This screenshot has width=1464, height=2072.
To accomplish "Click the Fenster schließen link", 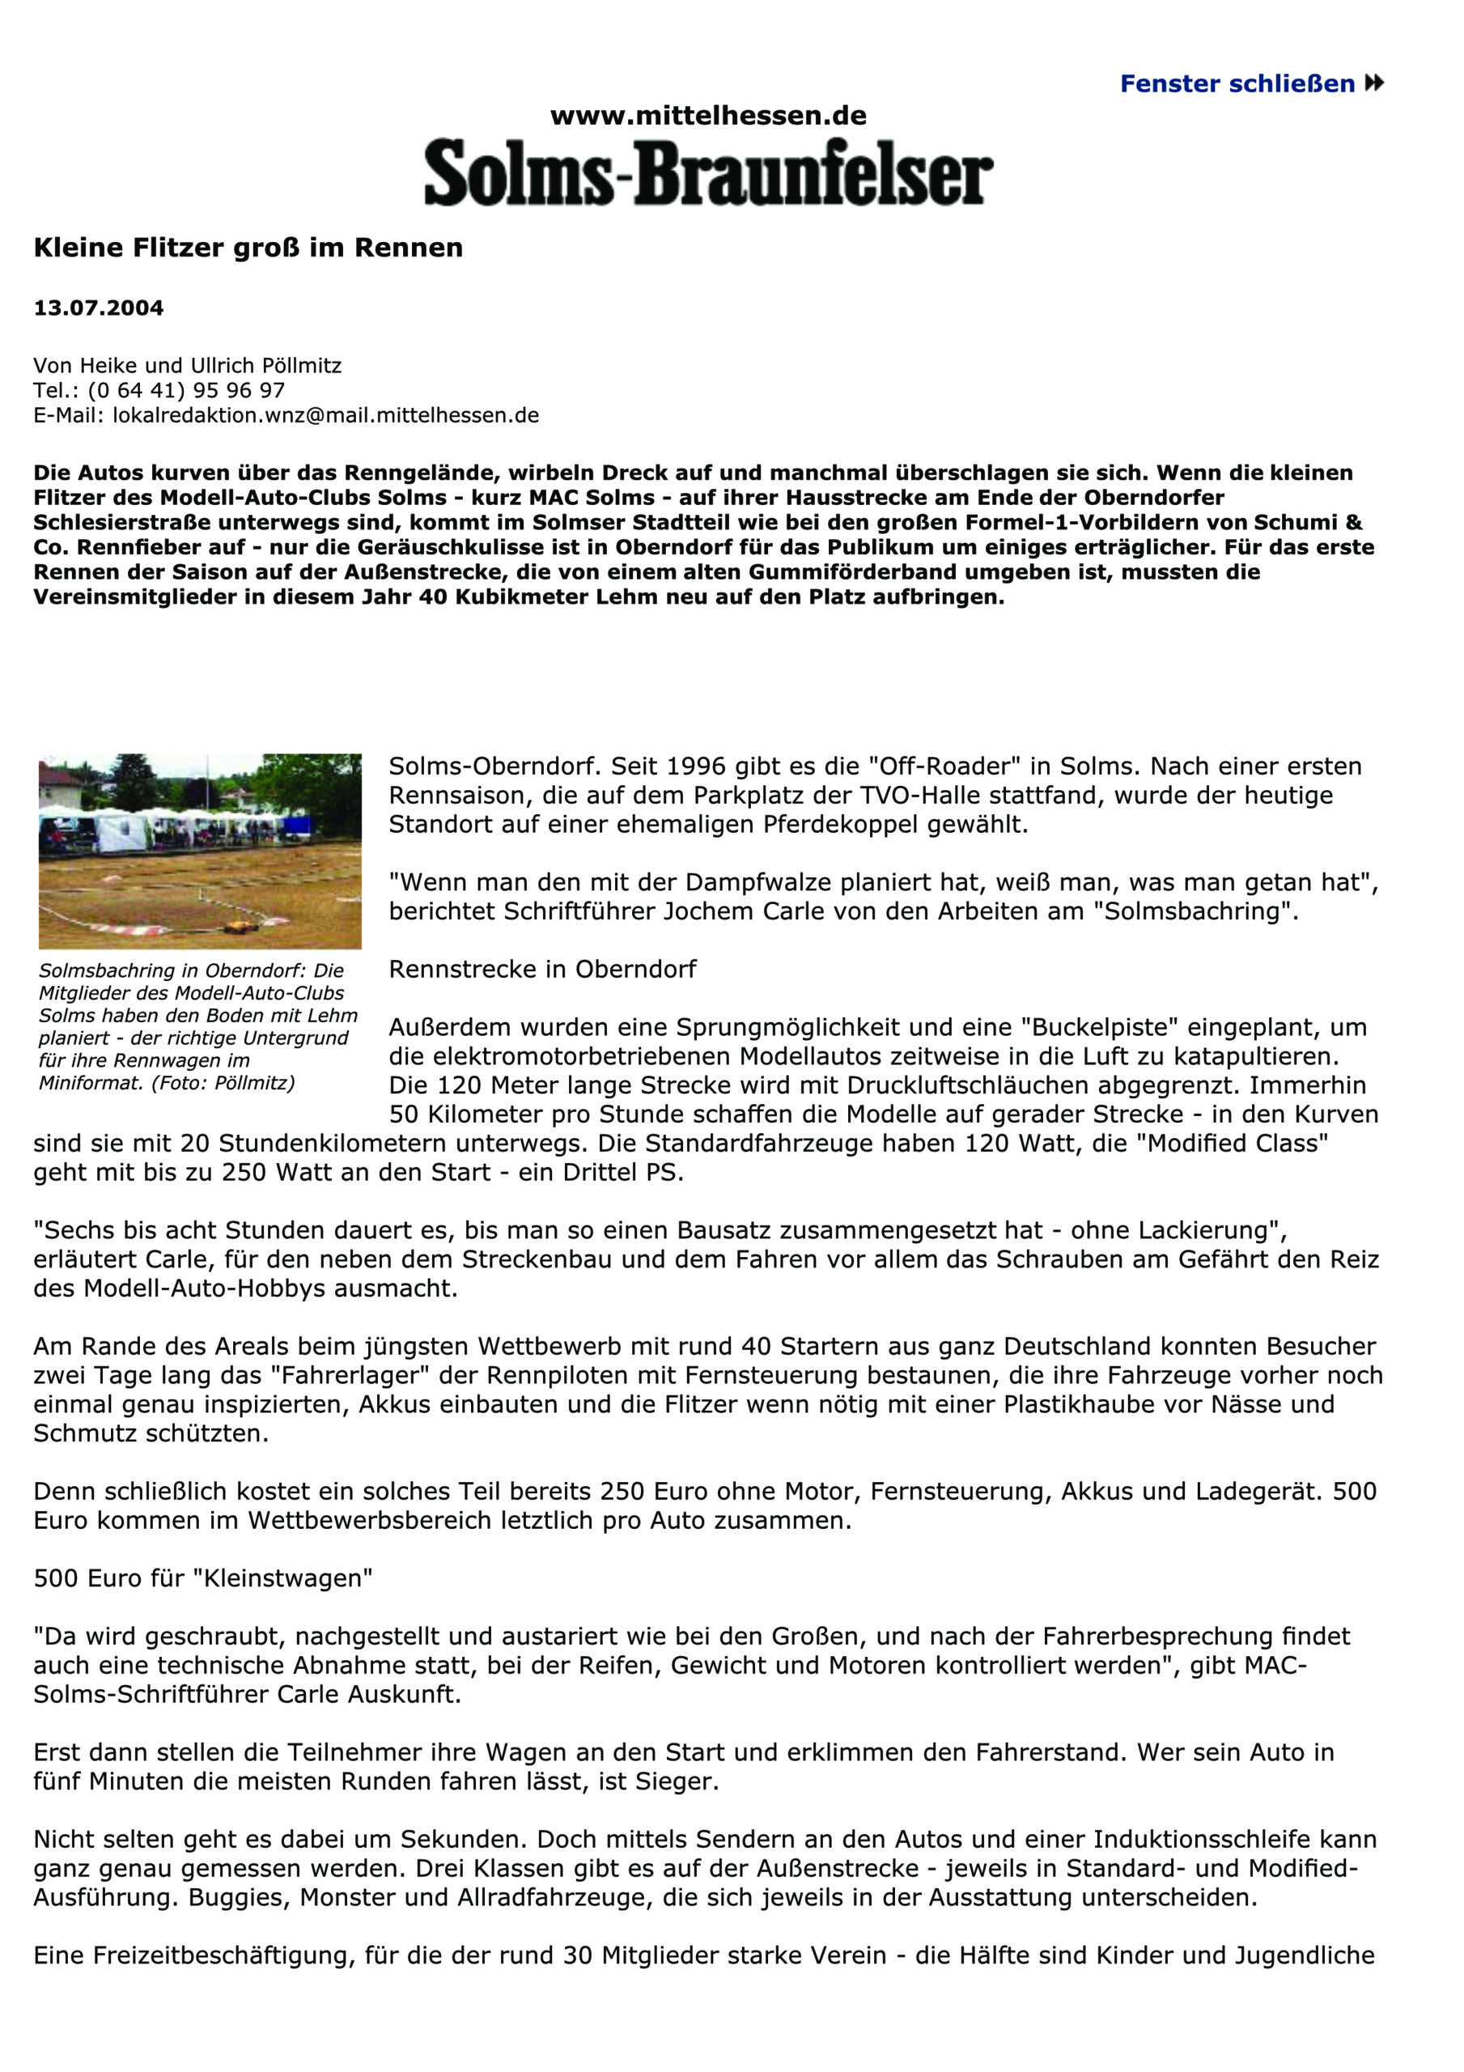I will click(x=1250, y=84).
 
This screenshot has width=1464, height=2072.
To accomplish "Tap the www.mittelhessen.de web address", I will click(x=709, y=116).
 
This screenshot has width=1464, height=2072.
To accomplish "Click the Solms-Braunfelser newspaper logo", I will click(x=709, y=171).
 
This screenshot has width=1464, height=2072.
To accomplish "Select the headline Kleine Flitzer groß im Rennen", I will click(x=248, y=248).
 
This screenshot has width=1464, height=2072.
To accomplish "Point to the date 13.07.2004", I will click(x=99, y=308).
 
